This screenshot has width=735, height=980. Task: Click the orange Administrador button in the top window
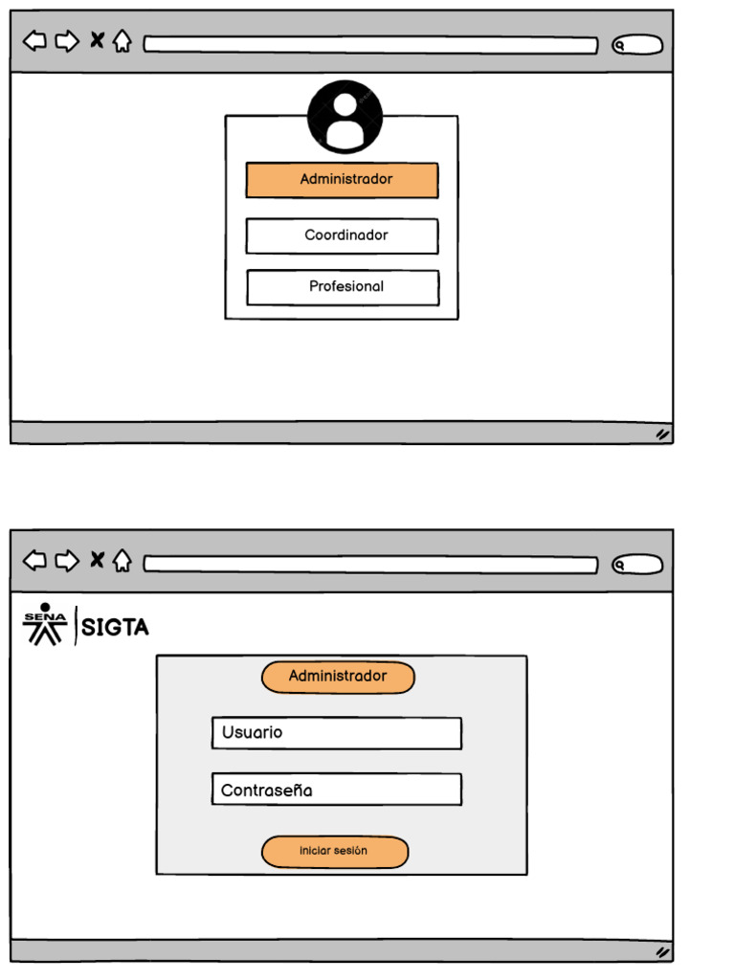[x=342, y=180]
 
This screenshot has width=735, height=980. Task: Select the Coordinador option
[x=342, y=235]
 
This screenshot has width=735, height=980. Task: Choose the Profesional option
[x=343, y=287]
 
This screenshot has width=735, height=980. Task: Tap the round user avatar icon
[x=345, y=117]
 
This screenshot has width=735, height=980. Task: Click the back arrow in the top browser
[x=34, y=41]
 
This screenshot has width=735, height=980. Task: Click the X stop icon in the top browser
[x=97, y=40]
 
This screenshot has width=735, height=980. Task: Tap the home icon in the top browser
[x=122, y=41]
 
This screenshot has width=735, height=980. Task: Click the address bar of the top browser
[x=370, y=45]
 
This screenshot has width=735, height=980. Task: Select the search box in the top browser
[x=637, y=45]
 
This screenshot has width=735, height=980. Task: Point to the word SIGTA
[x=115, y=628]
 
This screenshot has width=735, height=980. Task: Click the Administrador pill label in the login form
[x=338, y=677]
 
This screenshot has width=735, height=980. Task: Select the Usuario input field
[x=336, y=733]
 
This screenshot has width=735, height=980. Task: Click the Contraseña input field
[x=336, y=790]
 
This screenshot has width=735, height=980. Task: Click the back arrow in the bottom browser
[x=34, y=560]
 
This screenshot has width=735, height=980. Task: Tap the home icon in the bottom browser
[x=122, y=561]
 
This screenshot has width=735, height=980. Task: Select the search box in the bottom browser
[x=637, y=565]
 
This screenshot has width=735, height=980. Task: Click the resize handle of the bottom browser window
[x=661, y=952]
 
